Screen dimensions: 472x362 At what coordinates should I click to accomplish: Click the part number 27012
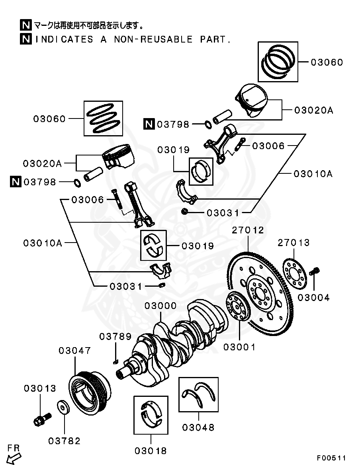(248, 230)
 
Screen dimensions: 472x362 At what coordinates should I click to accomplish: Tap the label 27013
(294, 243)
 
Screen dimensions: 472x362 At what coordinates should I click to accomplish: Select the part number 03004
(313, 297)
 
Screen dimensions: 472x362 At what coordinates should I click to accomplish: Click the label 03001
(239, 347)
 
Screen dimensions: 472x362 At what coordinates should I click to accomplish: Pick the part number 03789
(115, 337)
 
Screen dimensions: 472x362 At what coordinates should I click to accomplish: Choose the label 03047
(75, 351)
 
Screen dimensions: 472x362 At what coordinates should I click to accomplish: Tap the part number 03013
(40, 388)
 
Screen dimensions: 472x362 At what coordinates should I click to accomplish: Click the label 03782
(64, 441)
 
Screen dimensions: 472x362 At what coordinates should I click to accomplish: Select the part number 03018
(151, 451)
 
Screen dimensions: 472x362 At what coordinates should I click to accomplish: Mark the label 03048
(198, 428)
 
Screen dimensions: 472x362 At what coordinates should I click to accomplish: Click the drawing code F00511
(331, 458)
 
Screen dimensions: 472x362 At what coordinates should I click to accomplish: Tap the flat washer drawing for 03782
(63, 408)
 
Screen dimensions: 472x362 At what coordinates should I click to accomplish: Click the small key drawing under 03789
(115, 361)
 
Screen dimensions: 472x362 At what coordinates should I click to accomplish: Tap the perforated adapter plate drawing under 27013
(294, 274)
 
